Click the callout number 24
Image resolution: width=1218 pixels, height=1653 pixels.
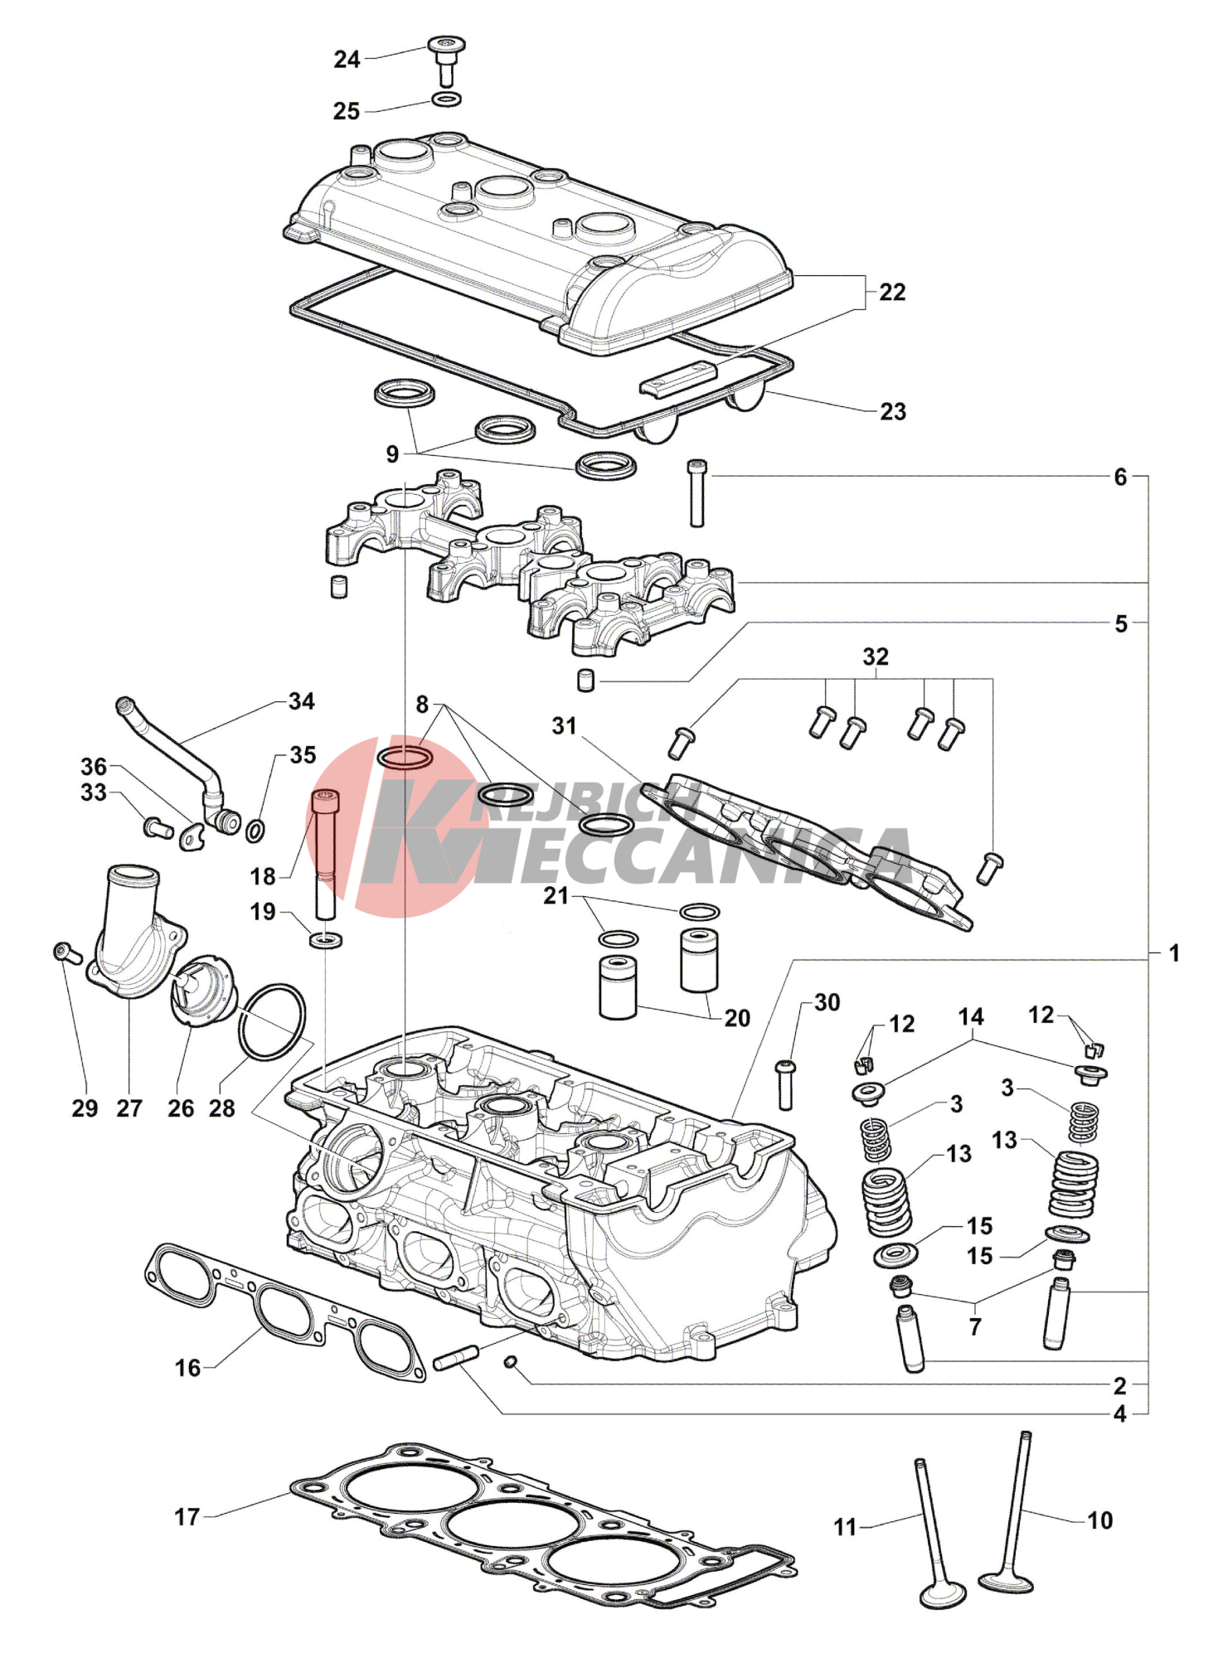tap(347, 60)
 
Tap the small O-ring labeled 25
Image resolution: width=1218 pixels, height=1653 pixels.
tap(446, 100)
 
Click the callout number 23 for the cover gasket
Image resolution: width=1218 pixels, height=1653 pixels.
tap(892, 412)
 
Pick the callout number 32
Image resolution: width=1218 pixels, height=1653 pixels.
tap(876, 657)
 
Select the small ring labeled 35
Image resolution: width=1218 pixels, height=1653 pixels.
tap(256, 829)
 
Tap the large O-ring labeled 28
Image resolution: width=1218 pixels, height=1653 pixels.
tap(272, 1021)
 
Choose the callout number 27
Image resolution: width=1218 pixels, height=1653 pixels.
tap(129, 1108)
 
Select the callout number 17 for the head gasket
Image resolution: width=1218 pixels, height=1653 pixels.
tap(187, 1517)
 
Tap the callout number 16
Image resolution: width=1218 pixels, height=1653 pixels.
tap(187, 1368)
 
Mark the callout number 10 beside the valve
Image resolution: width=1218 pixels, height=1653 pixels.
tap(1099, 1520)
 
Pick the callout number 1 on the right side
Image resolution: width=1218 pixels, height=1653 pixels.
tap(1173, 953)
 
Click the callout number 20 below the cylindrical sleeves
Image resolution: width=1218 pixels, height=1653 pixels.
tap(737, 1018)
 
